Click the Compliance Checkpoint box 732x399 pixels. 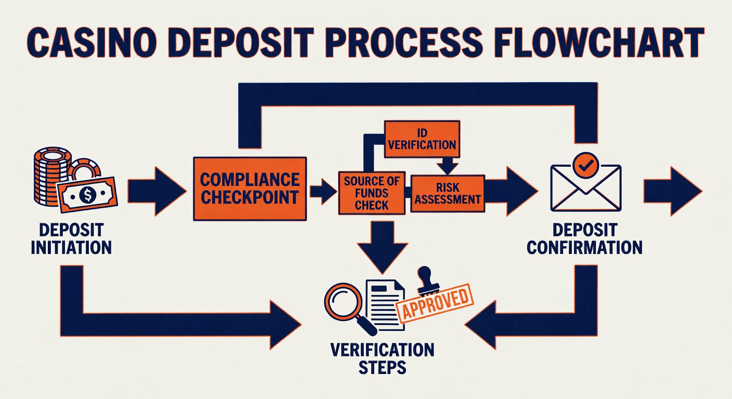click(x=250, y=189)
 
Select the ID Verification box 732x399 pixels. click(x=422, y=139)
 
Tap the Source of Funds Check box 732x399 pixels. click(x=372, y=193)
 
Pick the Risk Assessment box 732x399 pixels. click(x=448, y=194)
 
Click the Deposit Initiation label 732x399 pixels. click(x=71, y=238)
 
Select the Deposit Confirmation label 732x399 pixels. click(x=585, y=238)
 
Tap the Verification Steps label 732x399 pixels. click(x=382, y=358)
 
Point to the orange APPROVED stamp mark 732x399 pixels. click(x=435, y=303)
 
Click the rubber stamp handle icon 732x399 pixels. click(x=428, y=280)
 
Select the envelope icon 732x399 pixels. click(x=585, y=188)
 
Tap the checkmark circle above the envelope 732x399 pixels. click(x=585, y=166)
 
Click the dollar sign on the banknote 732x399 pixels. click(x=87, y=195)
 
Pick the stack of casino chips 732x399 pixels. click(x=53, y=176)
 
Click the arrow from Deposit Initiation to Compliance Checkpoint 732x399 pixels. click(x=157, y=191)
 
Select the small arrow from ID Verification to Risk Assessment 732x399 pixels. click(x=448, y=166)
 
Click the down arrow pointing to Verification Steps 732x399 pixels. click(x=382, y=247)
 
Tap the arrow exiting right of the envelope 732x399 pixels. click(x=673, y=191)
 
